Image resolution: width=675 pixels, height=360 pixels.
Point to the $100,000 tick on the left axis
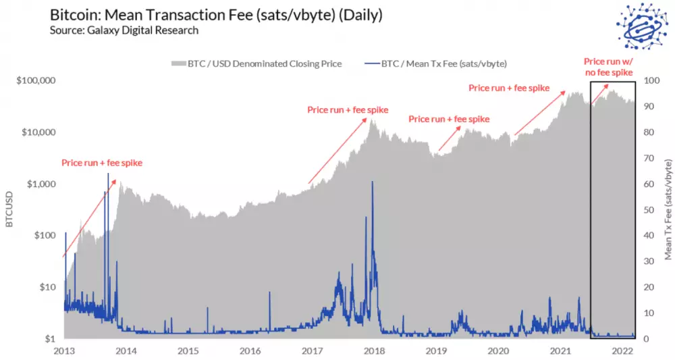(36, 80)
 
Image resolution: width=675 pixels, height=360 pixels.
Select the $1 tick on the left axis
(49, 338)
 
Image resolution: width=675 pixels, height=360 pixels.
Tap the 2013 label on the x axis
(64, 351)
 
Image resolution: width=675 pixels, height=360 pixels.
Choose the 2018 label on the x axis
(374, 351)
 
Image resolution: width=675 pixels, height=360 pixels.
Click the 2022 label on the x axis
(622, 351)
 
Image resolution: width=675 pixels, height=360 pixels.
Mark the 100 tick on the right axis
(651, 80)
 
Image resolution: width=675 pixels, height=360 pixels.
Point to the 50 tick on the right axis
(649, 209)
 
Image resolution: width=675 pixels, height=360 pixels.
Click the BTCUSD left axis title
(9, 209)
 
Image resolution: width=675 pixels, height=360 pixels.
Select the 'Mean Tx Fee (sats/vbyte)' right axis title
(668, 209)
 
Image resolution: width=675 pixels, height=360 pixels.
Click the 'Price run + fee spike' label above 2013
(102, 163)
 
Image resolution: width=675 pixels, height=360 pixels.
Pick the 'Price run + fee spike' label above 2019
(449, 119)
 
